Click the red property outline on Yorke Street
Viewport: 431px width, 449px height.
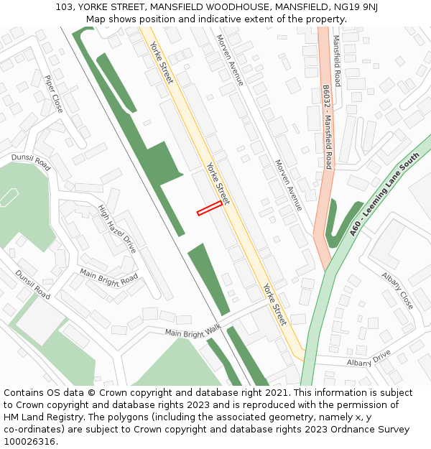coord(209,208)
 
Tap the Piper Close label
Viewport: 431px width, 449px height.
coord(53,94)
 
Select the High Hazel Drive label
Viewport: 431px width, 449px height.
coord(117,228)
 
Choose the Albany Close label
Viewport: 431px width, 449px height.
coord(397,290)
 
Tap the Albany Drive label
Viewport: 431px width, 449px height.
coord(369,358)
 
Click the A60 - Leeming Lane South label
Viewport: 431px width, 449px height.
coord(384,194)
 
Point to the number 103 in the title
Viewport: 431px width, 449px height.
coord(64,7)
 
